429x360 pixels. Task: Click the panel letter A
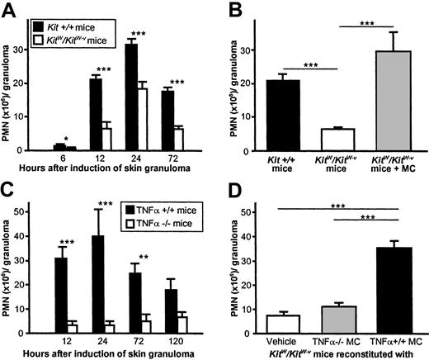click(x=7, y=8)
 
